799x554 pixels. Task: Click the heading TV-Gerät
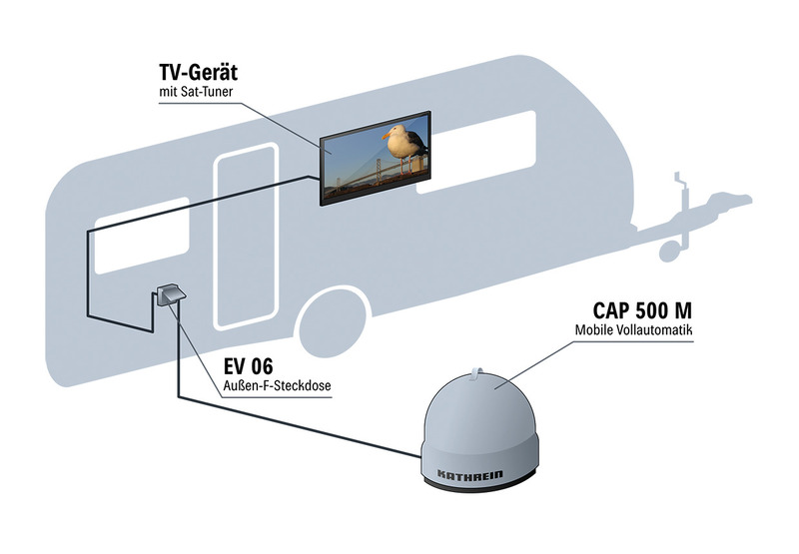198,72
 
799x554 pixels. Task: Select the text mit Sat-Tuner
196,92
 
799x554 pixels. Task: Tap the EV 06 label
248,366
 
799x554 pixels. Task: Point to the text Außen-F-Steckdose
278,386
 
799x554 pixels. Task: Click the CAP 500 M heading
642,310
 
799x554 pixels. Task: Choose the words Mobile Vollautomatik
634,329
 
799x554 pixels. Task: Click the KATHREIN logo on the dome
470,474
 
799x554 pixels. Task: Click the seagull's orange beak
387,136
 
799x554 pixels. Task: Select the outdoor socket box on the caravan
170,294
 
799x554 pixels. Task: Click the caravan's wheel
335,324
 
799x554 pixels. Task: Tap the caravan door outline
246,236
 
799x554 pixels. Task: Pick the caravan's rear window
142,236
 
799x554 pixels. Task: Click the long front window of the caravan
476,153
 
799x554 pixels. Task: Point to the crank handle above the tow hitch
680,184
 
